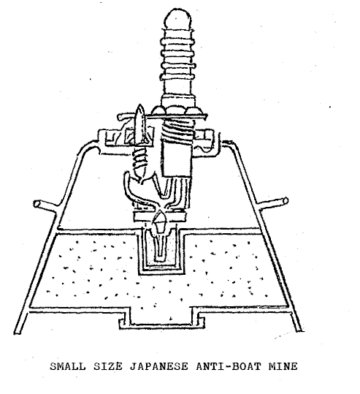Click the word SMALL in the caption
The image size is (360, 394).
click(67, 366)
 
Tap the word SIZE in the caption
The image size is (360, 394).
click(108, 366)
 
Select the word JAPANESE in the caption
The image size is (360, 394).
click(159, 366)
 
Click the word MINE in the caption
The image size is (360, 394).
click(283, 366)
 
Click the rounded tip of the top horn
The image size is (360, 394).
click(177, 18)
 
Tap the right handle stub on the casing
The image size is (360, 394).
click(274, 202)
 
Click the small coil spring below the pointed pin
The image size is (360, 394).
click(139, 161)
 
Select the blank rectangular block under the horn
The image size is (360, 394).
click(176, 159)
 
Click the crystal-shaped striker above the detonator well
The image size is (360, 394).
click(160, 222)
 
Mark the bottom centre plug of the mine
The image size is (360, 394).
click(161, 317)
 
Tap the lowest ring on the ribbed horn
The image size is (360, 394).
click(177, 77)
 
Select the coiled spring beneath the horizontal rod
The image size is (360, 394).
click(177, 130)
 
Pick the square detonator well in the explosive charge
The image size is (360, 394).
click(161, 251)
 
